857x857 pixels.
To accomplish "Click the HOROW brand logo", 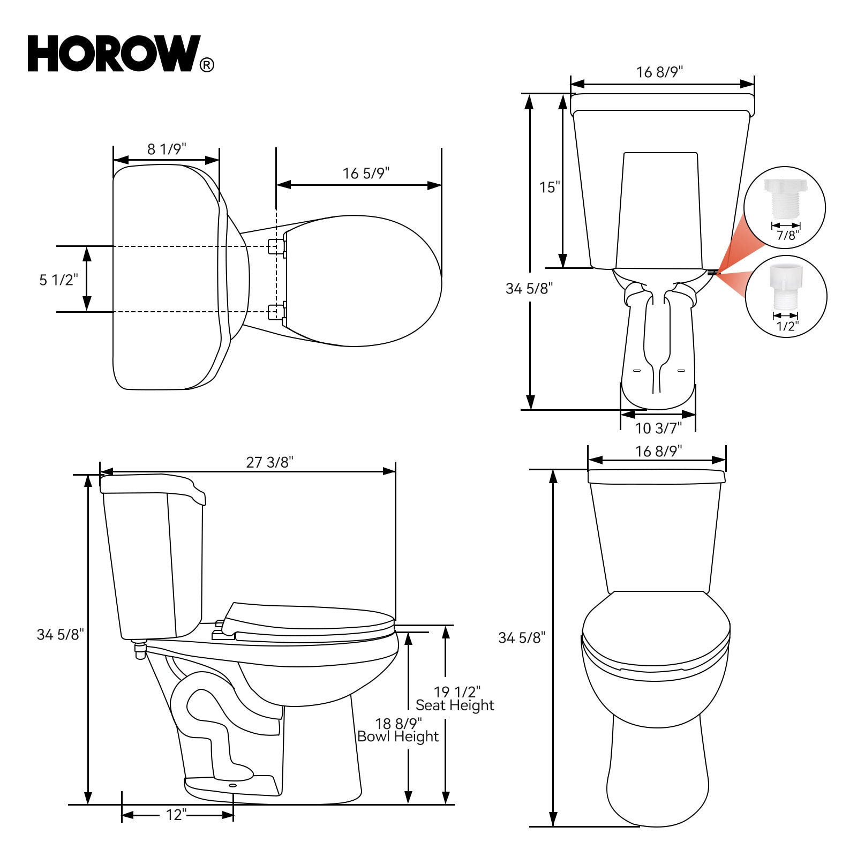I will tap(115, 54).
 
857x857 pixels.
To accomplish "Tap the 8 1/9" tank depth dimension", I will tap(167, 149).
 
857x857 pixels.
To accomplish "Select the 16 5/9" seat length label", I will tap(366, 173).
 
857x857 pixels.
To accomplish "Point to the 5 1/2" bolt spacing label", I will tap(58, 280).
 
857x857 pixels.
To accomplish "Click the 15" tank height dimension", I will tap(550, 187).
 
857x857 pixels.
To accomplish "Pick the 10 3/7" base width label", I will tap(658, 428).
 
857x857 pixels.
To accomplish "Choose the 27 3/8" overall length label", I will tap(269, 462).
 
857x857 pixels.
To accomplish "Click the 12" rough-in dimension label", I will tap(176, 815).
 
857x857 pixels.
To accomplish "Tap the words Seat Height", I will tap(455, 705).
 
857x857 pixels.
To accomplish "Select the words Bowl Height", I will tap(398, 736).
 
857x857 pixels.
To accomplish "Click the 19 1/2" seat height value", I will tap(457, 692).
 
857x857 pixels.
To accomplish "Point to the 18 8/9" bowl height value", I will tap(399, 724).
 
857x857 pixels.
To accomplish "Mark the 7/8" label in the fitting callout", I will tap(787, 235).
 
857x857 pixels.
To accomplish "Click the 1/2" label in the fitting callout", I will tap(787, 326).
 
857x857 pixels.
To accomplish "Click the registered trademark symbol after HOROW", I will tap(207, 65).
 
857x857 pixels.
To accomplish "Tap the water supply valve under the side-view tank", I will tap(140, 649).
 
